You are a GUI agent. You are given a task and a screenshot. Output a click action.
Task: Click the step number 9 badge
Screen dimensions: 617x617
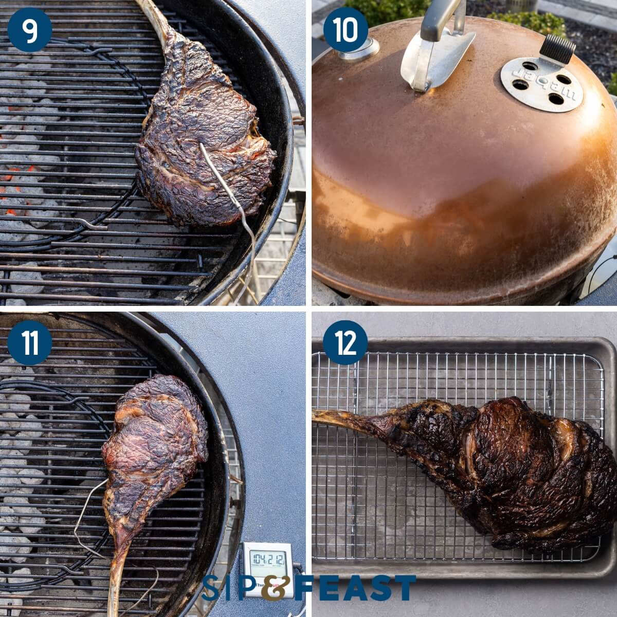[30, 30]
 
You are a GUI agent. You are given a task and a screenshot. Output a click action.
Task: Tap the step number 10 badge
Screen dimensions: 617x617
[346, 30]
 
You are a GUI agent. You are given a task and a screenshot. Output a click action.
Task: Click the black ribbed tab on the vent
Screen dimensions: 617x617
[557, 49]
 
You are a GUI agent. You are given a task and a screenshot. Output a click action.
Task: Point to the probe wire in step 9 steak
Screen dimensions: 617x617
[226, 190]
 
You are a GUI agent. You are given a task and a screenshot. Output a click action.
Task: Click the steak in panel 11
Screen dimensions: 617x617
[154, 442]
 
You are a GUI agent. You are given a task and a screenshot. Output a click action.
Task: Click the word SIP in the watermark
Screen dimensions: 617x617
[229, 588]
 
